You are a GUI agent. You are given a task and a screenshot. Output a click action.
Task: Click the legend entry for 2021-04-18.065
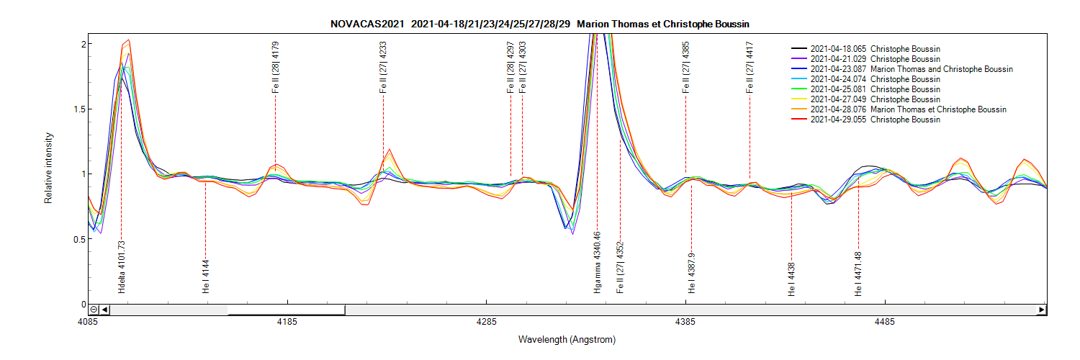coord(875,49)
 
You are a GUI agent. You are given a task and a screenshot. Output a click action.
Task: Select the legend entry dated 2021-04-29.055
coord(875,120)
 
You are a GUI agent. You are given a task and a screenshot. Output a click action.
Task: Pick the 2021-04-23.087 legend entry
coord(911,69)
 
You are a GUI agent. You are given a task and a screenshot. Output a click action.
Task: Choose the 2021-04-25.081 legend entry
coord(875,89)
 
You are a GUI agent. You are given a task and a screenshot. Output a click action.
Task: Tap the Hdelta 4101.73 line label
coord(122,266)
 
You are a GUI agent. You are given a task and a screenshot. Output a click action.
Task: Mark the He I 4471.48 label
coord(858,270)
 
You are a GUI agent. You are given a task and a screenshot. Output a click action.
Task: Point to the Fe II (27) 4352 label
coord(620,267)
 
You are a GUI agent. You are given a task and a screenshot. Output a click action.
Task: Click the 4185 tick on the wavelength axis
coord(287,322)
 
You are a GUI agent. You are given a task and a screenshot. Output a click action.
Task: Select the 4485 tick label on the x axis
coord(885,322)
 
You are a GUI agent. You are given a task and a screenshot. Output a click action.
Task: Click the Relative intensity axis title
coord(49,167)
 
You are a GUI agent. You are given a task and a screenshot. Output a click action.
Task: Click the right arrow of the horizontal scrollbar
coord(1041,310)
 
